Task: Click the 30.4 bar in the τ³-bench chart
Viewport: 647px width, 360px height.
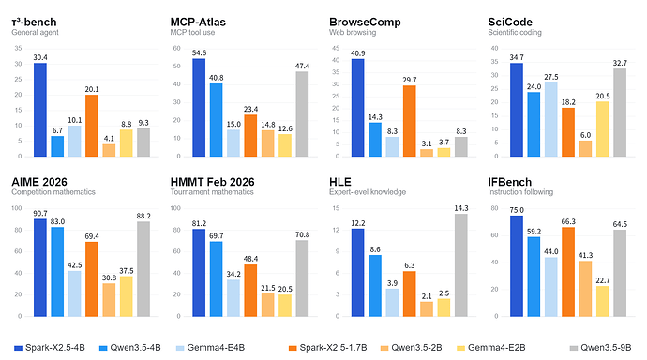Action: coord(40,110)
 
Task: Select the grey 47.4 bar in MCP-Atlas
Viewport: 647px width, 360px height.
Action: coord(302,114)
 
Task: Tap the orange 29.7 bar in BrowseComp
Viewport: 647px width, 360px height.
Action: coord(410,121)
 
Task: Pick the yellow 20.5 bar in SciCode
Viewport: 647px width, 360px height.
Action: coord(602,129)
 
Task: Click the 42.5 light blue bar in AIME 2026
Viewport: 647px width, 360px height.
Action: coord(75,293)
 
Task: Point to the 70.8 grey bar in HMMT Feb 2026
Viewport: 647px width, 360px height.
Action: coord(302,278)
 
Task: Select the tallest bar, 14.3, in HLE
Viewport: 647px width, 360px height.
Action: coord(461,265)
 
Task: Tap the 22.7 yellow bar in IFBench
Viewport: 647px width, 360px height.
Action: coord(602,301)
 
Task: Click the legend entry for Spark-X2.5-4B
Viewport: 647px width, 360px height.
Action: coord(50,348)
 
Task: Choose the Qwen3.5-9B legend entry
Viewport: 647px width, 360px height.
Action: coord(600,348)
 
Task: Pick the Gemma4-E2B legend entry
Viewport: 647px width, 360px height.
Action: coord(491,348)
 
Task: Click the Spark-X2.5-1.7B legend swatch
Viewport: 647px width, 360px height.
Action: coord(293,348)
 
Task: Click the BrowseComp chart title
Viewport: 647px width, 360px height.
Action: coord(365,22)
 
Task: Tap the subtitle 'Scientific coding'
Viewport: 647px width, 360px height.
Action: coord(515,32)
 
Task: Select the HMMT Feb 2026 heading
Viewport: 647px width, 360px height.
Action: coord(212,182)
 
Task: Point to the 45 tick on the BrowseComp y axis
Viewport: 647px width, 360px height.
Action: coord(336,48)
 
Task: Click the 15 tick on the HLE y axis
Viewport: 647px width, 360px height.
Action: coord(336,208)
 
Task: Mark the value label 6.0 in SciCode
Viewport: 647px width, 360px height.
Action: coord(585,135)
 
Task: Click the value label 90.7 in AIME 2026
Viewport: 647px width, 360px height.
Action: coord(40,213)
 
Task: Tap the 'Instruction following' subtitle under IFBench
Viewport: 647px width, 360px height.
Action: coord(520,192)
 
